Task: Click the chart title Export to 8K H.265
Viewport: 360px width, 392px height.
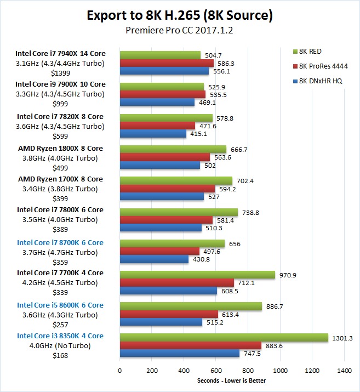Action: point(180,15)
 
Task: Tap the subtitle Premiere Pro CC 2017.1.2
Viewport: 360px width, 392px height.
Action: point(180,31)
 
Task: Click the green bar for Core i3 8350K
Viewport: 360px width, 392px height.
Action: point(224,338)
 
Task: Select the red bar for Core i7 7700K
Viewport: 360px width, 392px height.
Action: point(176,283)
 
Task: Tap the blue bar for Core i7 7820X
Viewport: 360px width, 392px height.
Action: point(153,134)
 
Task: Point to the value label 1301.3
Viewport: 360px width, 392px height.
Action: point(342,338)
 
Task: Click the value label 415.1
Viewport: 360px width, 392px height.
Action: point(198,134)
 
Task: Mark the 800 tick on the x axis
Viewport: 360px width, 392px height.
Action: point(248,371)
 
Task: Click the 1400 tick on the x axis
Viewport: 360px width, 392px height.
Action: point(344,371)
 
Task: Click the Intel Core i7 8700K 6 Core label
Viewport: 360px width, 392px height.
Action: point(60,242)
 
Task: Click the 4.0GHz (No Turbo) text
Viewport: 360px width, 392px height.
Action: point(60,345)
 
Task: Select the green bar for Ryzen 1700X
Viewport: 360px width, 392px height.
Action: point(176,181)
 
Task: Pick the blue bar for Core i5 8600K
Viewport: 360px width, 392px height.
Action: point(161,322)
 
